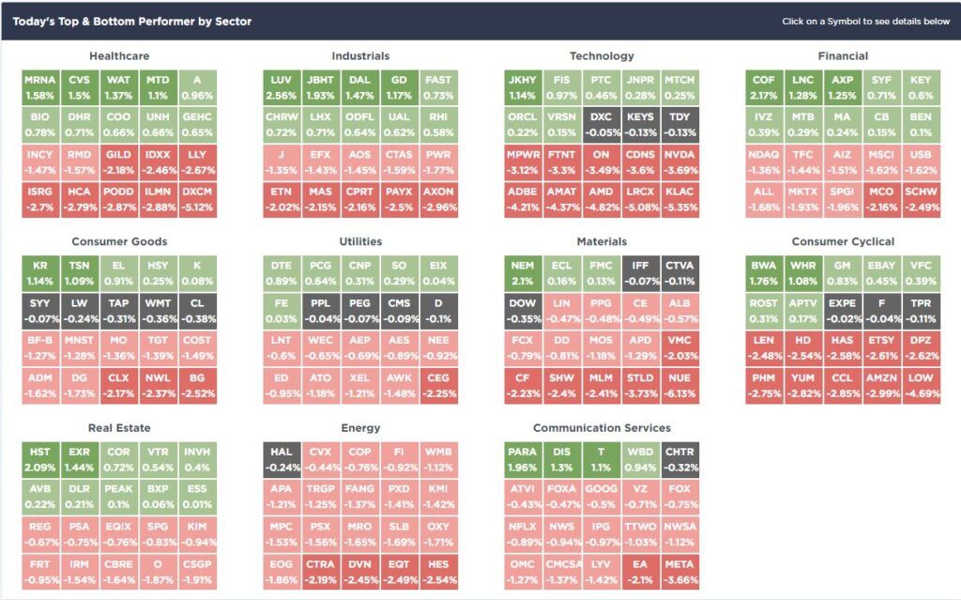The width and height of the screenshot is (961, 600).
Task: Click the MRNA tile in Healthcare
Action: pos(40,87)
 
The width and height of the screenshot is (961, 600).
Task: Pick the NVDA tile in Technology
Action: pos(679,161)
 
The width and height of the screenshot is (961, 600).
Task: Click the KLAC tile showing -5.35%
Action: pos(679,197)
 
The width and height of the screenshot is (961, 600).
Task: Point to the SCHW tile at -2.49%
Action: pos(920,197)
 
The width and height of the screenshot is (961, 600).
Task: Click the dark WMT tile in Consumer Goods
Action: pos(157,310)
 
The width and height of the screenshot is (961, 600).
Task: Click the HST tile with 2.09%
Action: pos(40,459)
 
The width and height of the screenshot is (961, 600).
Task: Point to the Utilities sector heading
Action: pos(360,242)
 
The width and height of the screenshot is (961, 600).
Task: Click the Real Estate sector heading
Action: pos(118,428)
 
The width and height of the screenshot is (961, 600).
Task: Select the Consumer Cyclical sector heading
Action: pos(843,242)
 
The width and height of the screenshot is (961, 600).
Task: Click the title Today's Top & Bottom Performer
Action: pos(132,21)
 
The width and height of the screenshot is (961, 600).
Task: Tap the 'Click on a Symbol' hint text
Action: pos(865,22)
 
